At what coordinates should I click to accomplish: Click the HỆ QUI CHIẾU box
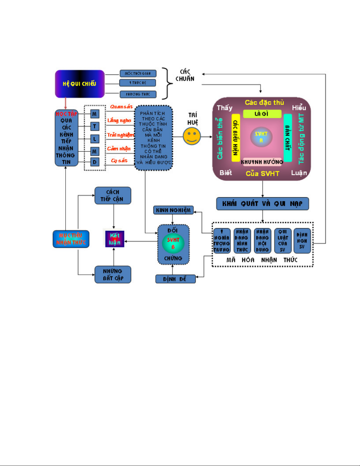(x=80, y=84)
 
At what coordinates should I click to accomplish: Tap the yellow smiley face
(x=192, y=136)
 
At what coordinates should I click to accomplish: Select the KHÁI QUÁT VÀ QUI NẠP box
(x=262, y=204)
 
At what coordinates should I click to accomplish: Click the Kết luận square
(x=115, y=239)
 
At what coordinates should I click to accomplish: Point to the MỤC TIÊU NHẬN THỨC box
(x=71, y=239)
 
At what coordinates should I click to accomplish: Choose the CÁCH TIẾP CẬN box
(x=113, y=196)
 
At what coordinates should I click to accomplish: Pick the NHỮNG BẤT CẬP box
(x=113, y=275)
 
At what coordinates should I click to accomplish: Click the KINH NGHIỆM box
(x=173, y=210)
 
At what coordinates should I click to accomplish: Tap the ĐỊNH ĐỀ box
(x=175, y=279)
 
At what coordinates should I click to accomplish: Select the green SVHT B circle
(x=173, y=243)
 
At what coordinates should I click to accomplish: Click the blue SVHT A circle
(x=261, y=137)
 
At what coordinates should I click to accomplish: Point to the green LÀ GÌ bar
(x=262, y=114)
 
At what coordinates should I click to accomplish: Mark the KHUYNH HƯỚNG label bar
(x=262, y=162)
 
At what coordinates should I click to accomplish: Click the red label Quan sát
(x=121, y=107)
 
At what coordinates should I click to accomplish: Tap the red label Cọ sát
(x=119, y=161)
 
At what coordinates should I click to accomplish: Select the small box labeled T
(x=95, y=126)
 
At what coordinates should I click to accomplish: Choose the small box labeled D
(x=95, y=162)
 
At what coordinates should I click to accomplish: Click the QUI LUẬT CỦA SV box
(x=283, y=241)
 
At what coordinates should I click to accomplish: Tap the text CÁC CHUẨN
(x=185, y=75)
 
